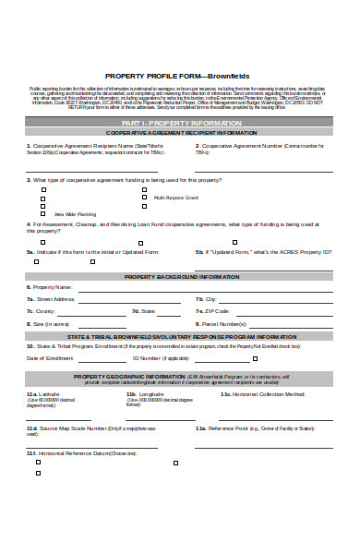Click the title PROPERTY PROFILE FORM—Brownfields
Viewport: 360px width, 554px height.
(177, 76)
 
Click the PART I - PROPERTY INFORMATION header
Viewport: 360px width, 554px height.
(180, 122)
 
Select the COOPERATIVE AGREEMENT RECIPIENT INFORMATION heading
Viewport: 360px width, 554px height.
(181, 133)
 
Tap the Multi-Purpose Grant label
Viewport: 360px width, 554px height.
(176, 198)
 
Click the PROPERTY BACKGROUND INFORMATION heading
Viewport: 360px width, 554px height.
(181, 276)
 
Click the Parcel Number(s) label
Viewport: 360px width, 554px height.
(224, 324)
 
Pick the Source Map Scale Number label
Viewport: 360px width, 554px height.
(83, 428)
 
